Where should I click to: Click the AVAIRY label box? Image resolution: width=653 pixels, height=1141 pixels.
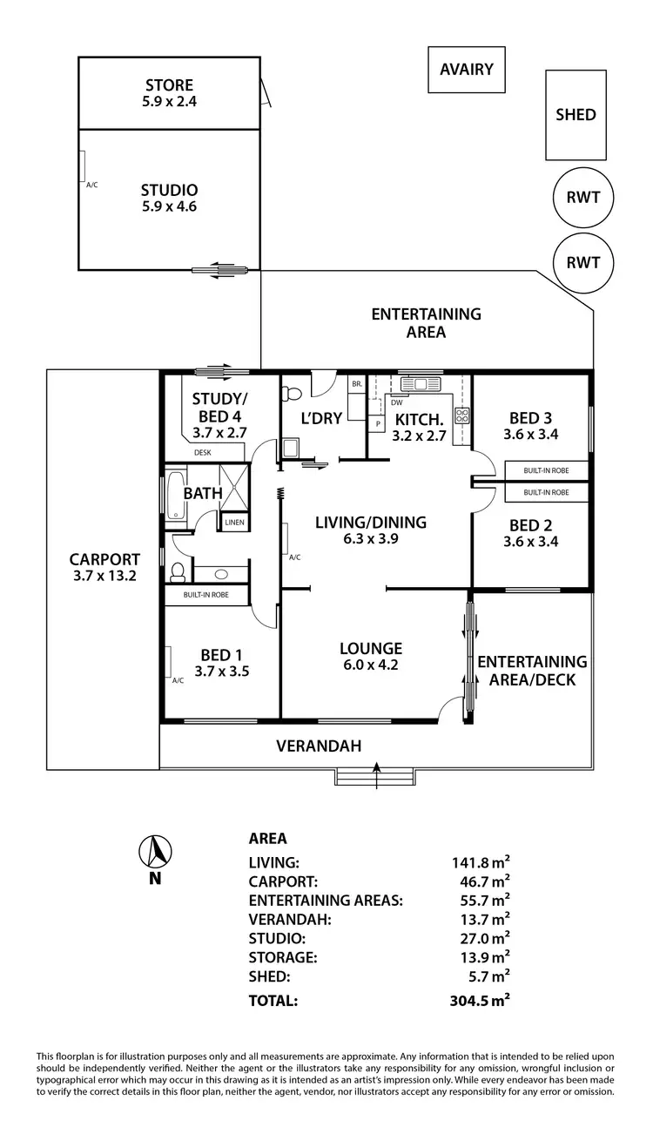tap(467, 70)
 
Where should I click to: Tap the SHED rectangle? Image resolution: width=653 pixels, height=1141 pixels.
tap(576, 115)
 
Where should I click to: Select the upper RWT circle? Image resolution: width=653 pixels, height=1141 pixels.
tap(583, 198)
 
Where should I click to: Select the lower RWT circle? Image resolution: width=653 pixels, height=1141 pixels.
tap(583, 261)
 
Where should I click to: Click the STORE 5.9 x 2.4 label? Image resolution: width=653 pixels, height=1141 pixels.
tap(169, 93)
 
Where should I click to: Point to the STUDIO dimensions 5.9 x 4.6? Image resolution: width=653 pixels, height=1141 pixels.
tap(169, 206)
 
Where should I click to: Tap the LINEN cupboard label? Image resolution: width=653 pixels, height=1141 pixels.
tap(234, 523)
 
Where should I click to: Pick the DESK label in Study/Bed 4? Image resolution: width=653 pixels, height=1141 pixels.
tap(202, 452)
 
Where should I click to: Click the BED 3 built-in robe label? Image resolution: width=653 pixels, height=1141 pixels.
tap(546, 470)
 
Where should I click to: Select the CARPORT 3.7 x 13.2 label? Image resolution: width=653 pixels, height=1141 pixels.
tap(104, 568)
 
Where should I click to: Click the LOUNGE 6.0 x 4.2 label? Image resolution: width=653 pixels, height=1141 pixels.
tap(370, 657)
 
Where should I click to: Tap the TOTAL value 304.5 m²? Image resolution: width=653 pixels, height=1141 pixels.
tap(474, 1001)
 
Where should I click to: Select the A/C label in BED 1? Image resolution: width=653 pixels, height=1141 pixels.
tap(179, 680)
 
